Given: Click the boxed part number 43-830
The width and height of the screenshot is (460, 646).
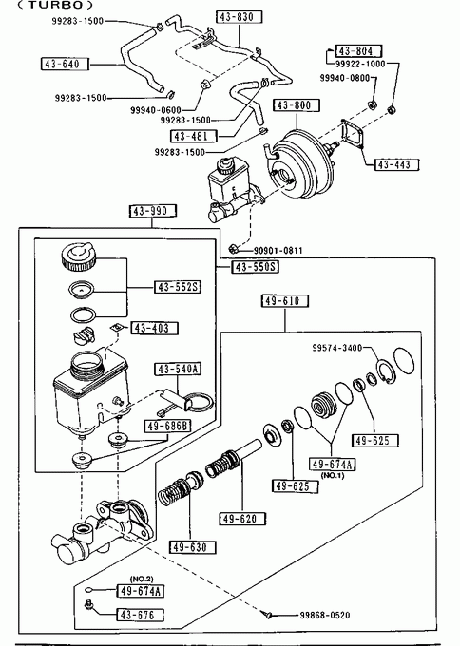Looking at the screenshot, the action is click(240, 17).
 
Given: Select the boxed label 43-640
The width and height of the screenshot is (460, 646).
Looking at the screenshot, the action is click(66, 65).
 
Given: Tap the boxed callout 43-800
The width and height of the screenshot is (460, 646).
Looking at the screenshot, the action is click(297, 105).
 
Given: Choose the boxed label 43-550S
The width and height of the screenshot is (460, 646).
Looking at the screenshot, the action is click(255, 267).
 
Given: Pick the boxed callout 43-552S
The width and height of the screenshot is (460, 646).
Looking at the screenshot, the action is click(178, 287).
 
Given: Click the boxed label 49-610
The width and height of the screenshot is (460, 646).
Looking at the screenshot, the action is click(285, 301).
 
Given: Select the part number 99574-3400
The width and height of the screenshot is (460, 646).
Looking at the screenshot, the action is click(337, 348).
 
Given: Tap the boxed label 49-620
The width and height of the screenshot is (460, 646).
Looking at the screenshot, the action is click(242, 519).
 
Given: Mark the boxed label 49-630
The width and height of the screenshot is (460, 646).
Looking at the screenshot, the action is click(193, 547).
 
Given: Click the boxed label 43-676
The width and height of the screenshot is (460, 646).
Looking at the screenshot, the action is click(140, 616).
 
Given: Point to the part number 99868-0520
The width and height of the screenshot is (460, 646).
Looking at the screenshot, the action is click(325, 616).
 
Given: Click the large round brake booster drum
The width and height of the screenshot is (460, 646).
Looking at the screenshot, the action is click(301, 165).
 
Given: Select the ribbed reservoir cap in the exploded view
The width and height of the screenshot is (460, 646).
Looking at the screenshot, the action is click(78, 256).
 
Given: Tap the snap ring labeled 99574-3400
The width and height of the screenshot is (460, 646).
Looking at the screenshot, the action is click(387, 371).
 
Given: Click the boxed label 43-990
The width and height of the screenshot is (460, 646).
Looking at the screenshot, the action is click(153, 211).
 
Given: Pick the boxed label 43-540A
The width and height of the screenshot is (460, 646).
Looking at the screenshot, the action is click(178, 370).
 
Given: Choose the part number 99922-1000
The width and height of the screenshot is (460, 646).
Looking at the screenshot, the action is click(360, 64).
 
